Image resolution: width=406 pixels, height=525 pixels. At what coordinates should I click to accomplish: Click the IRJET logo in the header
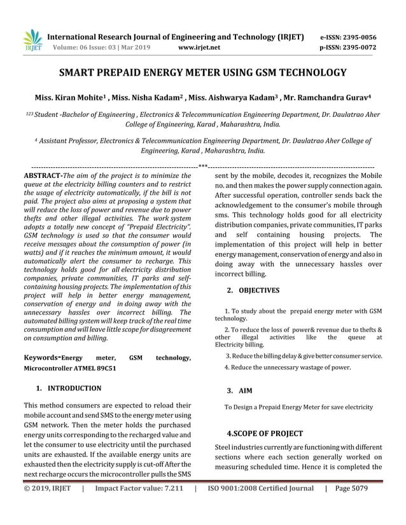point(32,41)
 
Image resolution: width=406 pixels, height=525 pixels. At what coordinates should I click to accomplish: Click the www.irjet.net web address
point(200,47)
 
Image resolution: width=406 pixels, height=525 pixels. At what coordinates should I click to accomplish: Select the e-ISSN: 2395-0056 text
point(347,37)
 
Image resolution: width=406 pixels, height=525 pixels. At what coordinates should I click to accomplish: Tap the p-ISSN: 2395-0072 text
point(347,47)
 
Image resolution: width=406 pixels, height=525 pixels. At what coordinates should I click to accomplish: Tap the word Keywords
point(41,358)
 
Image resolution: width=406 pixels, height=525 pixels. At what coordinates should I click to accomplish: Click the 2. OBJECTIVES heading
point(253,290)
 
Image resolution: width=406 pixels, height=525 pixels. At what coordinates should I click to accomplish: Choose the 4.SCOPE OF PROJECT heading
point(265,433)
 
